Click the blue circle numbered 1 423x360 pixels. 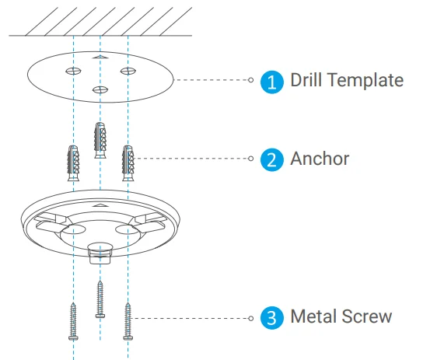point(272,82)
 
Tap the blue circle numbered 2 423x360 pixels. point(272,159)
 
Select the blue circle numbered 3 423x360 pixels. point(272,318)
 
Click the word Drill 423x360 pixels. point(306,80)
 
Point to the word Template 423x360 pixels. point(365,81)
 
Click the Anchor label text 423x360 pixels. point(320,159)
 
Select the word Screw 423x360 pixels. point(365,316)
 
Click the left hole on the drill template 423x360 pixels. point(73,72)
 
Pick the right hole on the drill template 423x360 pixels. point(128,71)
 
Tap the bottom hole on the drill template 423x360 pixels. point(100,89)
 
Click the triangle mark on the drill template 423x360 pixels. point(100,57)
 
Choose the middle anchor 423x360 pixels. point(100,140)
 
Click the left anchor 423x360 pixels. point(73,163)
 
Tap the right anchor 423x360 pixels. point(128,163)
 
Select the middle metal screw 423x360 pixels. point(100,299)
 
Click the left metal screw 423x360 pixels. point(73,321)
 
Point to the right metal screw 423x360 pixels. point(128,321)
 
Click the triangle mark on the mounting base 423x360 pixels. point(100,205)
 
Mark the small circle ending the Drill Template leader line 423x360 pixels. point(250,80)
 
